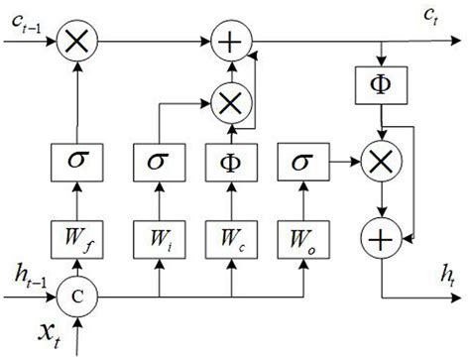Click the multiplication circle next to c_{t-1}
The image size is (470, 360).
click(75, 42)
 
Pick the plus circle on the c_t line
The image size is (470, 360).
click(230, 42)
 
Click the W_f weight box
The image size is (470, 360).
click(75, 238)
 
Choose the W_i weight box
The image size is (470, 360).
click(160, 238)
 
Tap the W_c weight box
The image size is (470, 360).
click(230, 238)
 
